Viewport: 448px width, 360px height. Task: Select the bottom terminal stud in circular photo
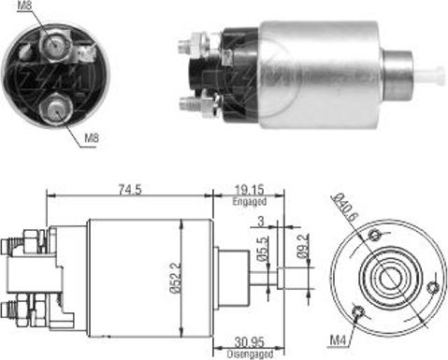57,110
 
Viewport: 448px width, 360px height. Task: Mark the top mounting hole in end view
376,234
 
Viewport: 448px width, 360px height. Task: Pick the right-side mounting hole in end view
431,288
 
